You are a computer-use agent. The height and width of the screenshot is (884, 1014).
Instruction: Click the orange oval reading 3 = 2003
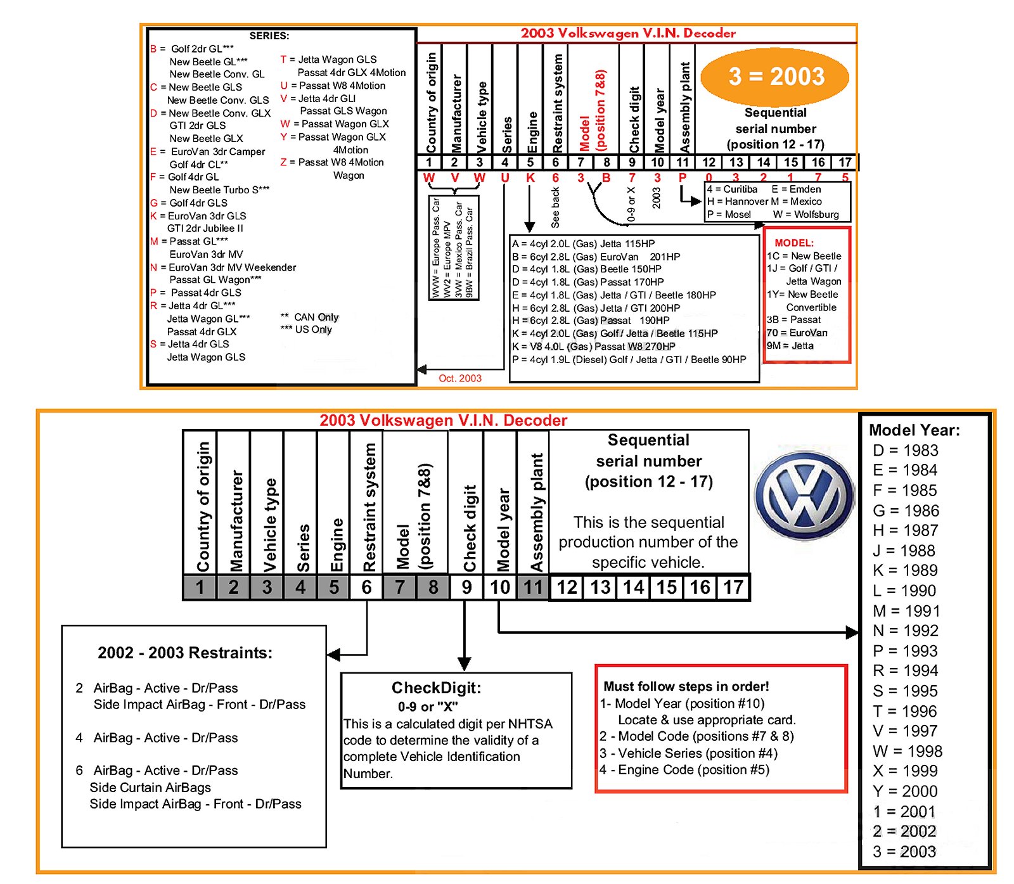775,77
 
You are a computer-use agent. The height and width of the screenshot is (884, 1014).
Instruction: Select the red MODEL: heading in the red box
793,243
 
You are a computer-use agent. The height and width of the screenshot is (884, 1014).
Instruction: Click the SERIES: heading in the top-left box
269,35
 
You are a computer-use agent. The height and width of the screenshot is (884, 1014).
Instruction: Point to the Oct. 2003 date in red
460,378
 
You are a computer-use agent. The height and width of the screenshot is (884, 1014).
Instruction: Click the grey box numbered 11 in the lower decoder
533,587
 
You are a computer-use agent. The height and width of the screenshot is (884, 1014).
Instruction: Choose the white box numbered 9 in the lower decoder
466,587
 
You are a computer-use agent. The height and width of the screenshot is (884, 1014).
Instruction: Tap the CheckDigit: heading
436,688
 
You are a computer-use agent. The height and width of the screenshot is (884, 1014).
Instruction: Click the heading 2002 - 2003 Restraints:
185,653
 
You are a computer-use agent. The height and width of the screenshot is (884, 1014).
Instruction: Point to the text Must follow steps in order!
686,686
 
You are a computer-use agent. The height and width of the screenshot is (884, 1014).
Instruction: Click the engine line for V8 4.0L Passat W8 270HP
594,347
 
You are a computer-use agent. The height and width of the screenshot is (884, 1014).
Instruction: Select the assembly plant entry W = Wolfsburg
805,215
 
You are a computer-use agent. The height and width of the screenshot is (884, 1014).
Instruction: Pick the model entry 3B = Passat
793,320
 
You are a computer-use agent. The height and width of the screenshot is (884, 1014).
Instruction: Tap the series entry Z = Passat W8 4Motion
332,162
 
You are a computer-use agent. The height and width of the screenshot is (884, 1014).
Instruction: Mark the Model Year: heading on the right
914,430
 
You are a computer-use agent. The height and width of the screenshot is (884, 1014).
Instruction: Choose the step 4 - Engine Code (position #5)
684,769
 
